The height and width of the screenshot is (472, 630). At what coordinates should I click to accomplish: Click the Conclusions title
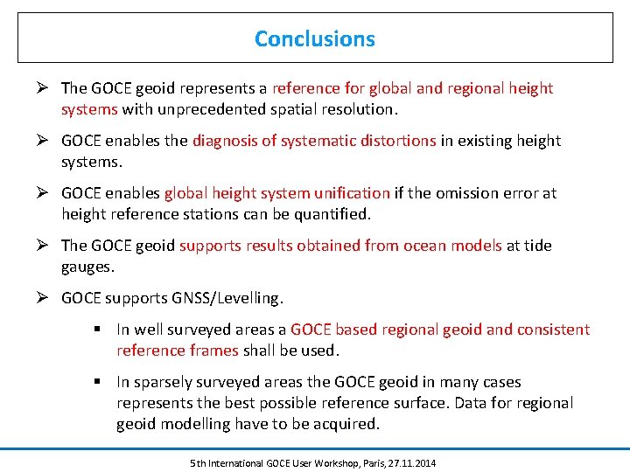(315, 38)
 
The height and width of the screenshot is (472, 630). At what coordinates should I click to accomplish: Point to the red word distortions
(396, 141)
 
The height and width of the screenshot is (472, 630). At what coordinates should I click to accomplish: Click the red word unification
(347, 193)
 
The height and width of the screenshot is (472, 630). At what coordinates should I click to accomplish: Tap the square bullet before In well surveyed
(102, 330)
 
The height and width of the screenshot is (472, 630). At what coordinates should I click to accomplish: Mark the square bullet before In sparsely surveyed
(102, 382)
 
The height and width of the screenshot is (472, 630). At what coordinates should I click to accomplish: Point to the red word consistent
(554, 330)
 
